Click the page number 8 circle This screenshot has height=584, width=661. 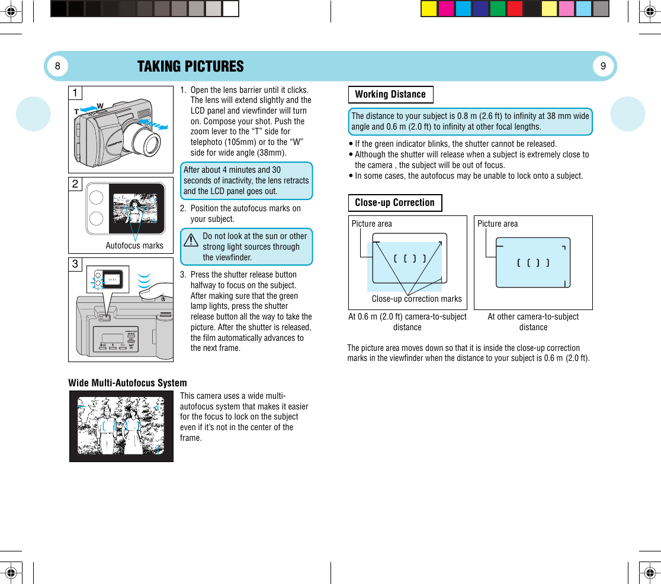(57, 66)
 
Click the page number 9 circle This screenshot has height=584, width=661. (603, 66)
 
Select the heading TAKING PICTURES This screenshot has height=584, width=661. (190, 66)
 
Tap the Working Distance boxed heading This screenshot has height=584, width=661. (390, 95)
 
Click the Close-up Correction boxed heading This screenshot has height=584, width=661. (394, 203)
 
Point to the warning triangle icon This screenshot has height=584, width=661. (191, 241)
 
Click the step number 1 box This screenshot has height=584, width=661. (75, 93)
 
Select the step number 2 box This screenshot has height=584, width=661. (75, 184)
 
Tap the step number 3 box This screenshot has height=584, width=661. (75, 264)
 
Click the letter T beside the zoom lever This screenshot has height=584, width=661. (76, 111)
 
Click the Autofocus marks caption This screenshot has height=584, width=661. (134, 246)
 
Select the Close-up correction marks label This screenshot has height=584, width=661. (416, 299)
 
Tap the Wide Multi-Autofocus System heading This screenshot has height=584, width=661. (127, 383)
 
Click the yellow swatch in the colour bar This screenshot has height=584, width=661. (429, 9)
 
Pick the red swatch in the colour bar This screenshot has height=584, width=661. (515, 9)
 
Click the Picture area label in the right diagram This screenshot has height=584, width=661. (498, 224)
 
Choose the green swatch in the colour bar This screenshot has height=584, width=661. (498, 9)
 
